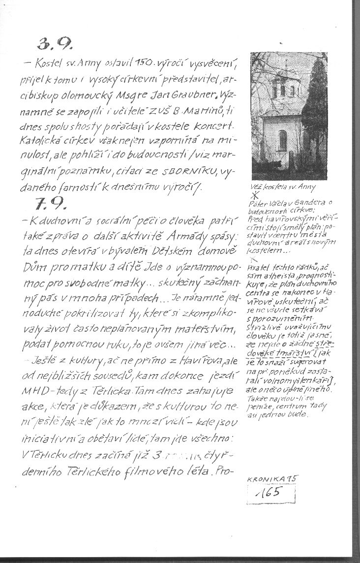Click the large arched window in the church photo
[x=283, y=141]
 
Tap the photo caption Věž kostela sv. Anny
[x=283, y=187]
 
